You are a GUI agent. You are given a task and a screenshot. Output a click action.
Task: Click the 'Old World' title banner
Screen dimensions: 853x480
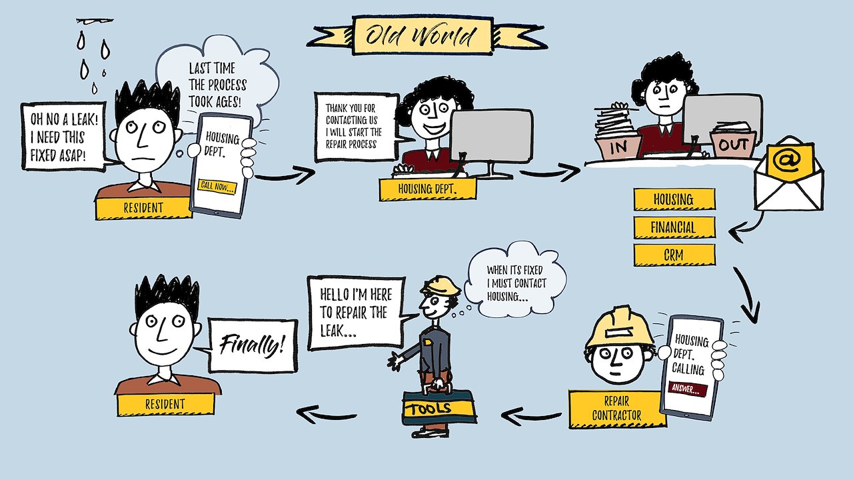pyautogui.click(x=425, y=35)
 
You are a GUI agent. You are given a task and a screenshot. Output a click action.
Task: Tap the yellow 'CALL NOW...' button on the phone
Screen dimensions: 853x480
pyautogui.click(x=217, y=187)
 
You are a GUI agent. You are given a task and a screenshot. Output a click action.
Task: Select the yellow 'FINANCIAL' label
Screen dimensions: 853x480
pyautogui.click(x=674, y=227)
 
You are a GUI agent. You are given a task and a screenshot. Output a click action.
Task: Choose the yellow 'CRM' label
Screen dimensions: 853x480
pyautogui.click(x=674, y=255)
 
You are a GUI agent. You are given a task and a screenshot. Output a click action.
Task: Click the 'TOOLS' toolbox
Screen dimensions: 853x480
pyautogui.click(x=439, y=407)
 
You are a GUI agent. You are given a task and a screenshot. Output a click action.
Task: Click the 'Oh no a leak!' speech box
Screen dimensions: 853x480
pyautogui.click(x=63, y=136)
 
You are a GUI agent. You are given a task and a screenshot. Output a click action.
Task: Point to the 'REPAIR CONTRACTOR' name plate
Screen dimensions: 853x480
pyautogui.click(x=616, y=409)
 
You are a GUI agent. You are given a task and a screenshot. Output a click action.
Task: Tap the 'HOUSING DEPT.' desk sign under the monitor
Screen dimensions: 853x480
pyautogui.click(x=427, y=189)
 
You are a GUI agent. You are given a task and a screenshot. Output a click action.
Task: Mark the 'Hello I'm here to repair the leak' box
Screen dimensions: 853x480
pyautogui.click(x=356, y=313)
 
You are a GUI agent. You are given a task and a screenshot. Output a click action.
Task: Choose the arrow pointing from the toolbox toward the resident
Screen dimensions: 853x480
pyautogui.click(x=327, y=415)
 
